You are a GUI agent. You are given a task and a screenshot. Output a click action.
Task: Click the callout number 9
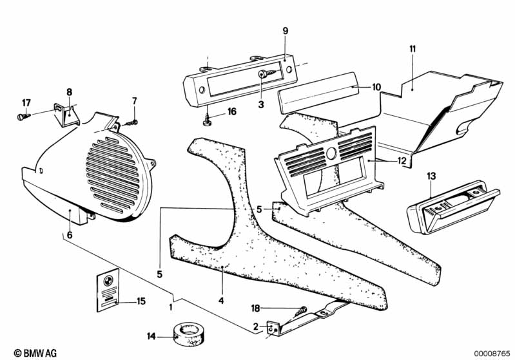(x=286, y=31)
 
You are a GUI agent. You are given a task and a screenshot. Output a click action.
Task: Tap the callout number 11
(x=413, y=49)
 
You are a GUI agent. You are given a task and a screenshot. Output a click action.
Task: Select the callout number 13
(x=431, y=176)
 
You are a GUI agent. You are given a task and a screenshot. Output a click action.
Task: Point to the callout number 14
(x=151, y=336)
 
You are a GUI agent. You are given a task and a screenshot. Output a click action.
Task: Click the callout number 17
(x=26, y=103)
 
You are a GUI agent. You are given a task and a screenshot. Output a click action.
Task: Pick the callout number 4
(x=221, y=300)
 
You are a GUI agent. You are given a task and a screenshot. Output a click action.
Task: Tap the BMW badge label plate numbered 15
(x=108, y=290)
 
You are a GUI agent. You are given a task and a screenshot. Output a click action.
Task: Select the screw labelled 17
(x=23, y=116)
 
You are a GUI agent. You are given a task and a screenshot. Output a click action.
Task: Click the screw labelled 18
(x=302, y=311)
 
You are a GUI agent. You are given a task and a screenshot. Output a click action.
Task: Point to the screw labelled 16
(x=207, y=119)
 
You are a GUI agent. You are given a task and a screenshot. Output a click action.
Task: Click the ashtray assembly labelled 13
(x=453, y=207)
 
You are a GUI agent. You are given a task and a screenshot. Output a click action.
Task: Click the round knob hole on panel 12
(x=331, y=153)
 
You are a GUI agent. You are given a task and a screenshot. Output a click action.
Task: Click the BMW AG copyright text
(x=35, y=353)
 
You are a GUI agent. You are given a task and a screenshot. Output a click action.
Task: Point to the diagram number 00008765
(x=492, y=354)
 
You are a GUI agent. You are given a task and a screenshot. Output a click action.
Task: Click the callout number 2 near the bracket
(x=256, y=327)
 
